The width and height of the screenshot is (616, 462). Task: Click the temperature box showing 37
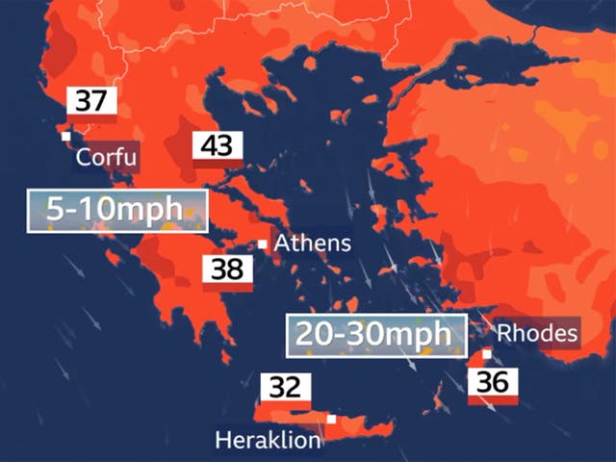tap(91, 102)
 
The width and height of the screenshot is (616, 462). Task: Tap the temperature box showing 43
tap(218, 147)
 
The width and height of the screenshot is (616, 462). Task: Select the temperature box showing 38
tap(227, 269)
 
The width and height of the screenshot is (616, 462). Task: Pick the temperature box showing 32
tap(285, 389)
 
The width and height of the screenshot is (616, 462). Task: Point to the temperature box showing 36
tap(492, 381)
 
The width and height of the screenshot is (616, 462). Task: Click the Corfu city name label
tap(107, 158)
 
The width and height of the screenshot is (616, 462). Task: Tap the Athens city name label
tap(313, 244)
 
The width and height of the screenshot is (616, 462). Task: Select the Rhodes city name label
tap(538, 334)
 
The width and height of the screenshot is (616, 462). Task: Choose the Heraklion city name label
tap(267, 442)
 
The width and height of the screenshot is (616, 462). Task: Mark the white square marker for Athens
tap(262, 244)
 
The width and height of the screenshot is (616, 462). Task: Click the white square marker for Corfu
tap(66, 137)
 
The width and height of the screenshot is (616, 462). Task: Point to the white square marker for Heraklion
tap(331, 420)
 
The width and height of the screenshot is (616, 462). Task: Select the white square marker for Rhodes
tap(487, 354)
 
